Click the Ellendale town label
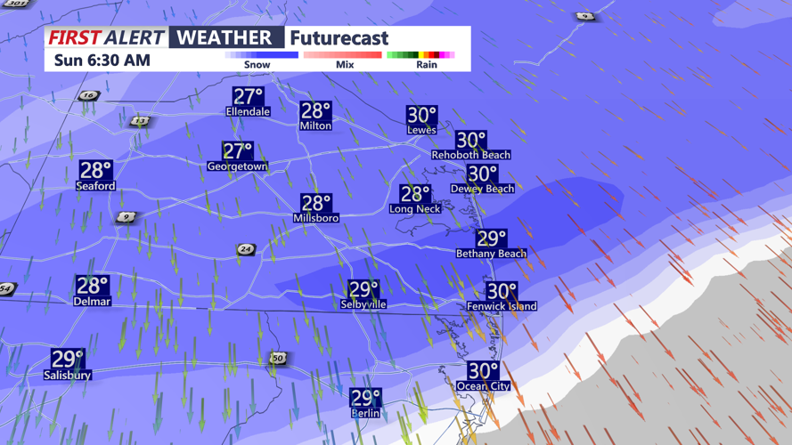(x=248, y=112)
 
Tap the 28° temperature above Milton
(x=315, y=110)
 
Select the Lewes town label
(x=421, y=130)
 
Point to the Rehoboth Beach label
(x=471, y=155)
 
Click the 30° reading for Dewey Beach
(x=482, y=174)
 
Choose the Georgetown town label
(x=237, y=166)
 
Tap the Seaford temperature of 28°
(x=95, y=170)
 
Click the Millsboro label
(x=316, y=218)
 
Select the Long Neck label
(x=415, y=209)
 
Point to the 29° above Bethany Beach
(x=491, y=238)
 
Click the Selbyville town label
(x=363, y=304)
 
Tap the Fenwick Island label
(x=502, y=306)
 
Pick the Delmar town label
(x=93, y=302)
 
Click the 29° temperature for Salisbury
(x=68, y=359)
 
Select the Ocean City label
(x=483, y=386)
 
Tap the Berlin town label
(x=365, y=413)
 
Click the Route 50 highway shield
(x=278, y=358)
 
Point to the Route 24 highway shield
(x=246, y=250)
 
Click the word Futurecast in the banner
(x=339, y=38)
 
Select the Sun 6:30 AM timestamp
(x=102, y=61)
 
